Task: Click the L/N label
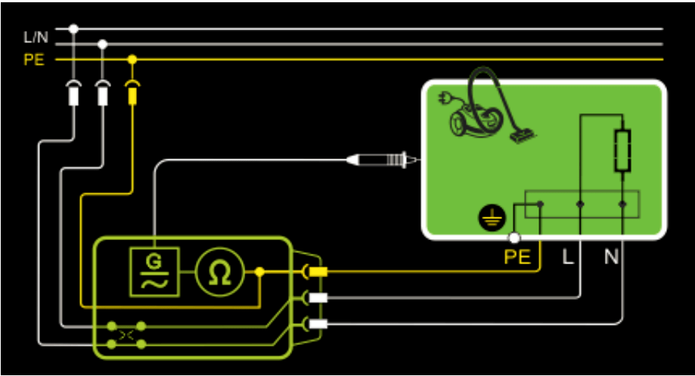point(35,37)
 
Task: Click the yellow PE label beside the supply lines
point(34,60)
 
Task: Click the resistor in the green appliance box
point(622,150)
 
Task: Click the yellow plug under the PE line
point(132,94)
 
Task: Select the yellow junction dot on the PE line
point(132,59)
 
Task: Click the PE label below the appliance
point(518,257)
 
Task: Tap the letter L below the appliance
point(567,257)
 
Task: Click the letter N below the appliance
point(611,257)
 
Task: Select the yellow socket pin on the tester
point(318,272)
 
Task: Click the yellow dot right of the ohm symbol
point(259,272)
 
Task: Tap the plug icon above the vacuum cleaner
point(445,99)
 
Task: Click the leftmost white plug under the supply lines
point(73,94)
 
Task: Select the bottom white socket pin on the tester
point(318,324)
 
